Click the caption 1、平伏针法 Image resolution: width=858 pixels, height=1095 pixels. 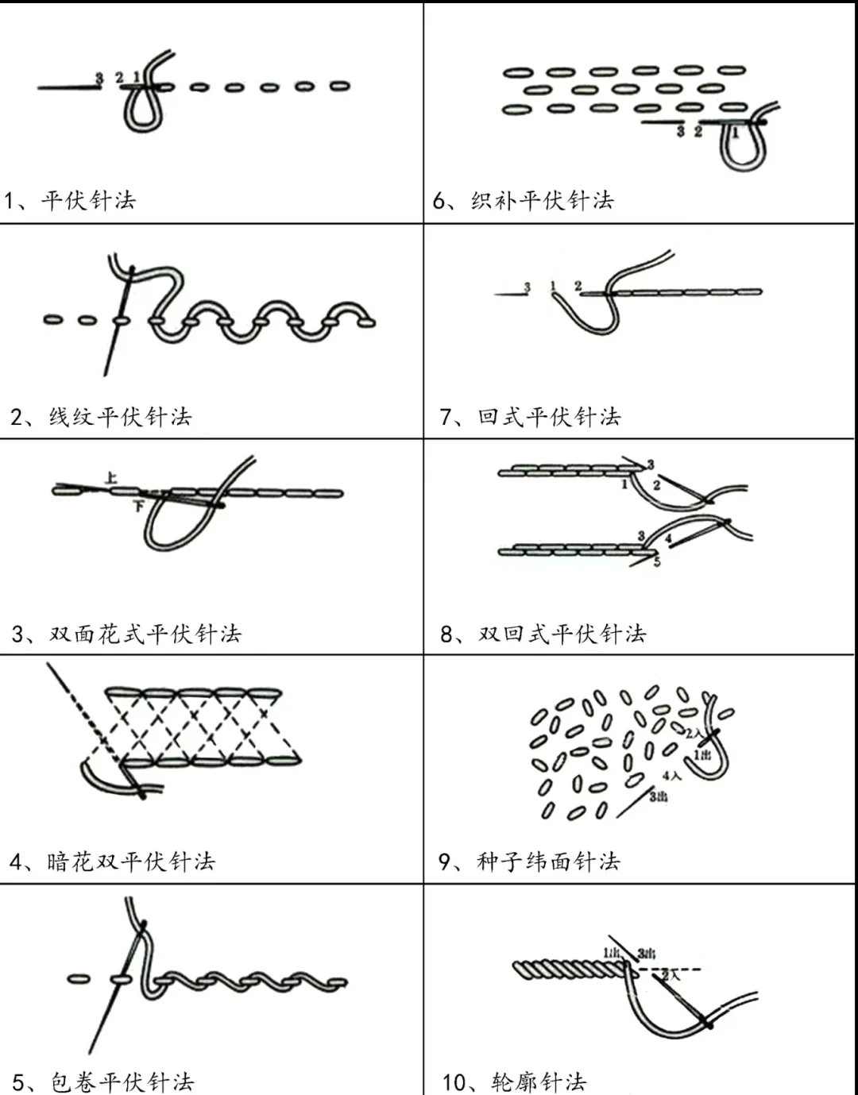point(70,200)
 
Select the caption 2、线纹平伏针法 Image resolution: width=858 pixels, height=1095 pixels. point(101,417)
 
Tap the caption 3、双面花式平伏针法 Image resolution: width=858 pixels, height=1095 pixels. point(126,634)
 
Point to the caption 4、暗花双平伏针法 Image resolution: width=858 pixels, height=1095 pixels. point(113,862)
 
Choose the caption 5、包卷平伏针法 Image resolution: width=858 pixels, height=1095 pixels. point(103,1082)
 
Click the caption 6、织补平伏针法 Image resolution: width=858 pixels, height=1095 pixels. point(524,200)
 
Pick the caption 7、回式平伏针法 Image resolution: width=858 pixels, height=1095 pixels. point(530,417)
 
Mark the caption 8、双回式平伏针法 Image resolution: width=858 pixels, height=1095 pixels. point(543,634)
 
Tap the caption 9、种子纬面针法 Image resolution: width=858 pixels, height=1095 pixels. point(529,862)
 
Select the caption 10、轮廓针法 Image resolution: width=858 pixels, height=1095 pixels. point(514,1082)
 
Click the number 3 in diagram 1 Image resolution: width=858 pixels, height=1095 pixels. point(99,78)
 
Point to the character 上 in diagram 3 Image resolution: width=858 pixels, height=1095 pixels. point(111,477)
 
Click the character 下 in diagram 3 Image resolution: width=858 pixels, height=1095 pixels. point(138,505)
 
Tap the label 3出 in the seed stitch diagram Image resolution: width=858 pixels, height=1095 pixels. point(658,796)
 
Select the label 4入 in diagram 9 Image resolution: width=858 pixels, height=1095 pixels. point(671,775)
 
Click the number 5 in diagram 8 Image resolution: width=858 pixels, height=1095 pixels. point(657,562)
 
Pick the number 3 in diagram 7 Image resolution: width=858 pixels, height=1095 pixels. point(527,287)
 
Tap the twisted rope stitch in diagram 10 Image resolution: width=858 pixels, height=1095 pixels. point(568,970)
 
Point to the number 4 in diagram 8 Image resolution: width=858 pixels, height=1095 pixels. point(669,538)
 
